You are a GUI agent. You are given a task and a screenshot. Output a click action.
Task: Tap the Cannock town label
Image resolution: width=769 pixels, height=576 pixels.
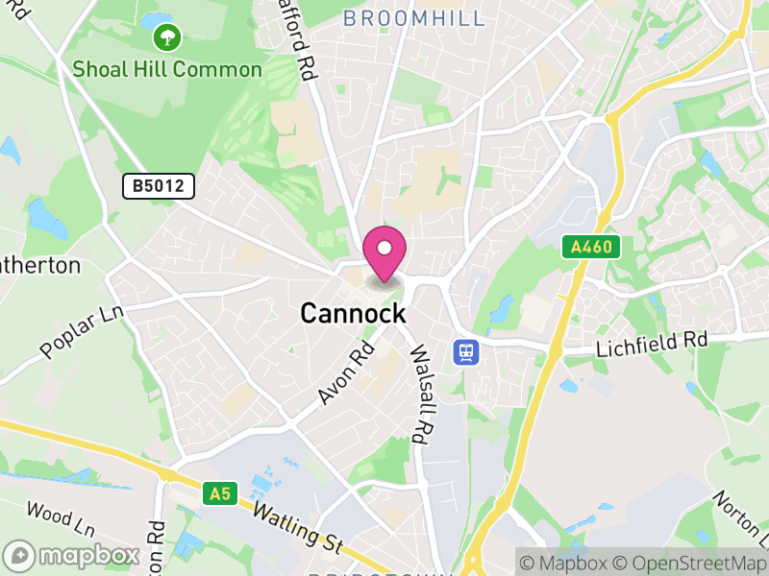pyautogui.click(x=353, y=314)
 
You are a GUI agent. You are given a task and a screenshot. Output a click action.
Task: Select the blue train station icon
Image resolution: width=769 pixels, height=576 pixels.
pyautogui.click(x=466, y=351)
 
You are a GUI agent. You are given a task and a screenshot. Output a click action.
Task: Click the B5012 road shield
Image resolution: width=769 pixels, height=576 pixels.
pyautogui.click(x=159, y=186)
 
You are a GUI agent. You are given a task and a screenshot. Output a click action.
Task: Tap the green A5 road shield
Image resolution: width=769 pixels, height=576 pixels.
pyautogui.click(x=220, y=493)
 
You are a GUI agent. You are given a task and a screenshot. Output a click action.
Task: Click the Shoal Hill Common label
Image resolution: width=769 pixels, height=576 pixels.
pyautogui.click(x=167, y=69)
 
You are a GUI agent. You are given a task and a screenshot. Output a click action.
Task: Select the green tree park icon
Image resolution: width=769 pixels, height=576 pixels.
pyautogui.click(x=167, y=38)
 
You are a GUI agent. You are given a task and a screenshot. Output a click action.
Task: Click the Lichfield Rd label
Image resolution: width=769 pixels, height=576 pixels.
pyautogui.click(x=652, y=342)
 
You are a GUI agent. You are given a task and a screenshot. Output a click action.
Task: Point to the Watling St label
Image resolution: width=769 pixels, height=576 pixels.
pyautogui.click(x=297, y=527)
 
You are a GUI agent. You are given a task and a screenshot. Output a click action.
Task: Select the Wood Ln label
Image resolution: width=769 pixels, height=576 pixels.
pyautogui.click(x=62, y=518)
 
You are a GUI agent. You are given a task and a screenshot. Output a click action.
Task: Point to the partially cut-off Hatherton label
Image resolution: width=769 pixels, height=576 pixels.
pyautogui.click(x=40, y=265)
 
